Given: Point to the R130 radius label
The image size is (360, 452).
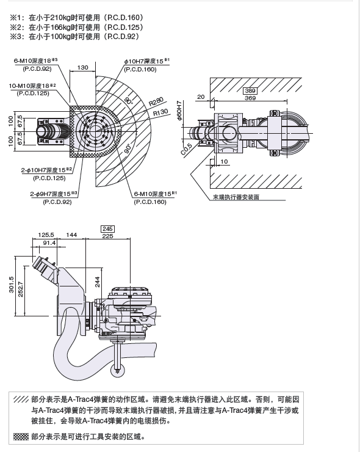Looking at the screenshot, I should pyautogui.click(x=160, y=112).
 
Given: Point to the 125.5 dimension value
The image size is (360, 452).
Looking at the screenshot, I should pyautogui.click(x=46, y=235).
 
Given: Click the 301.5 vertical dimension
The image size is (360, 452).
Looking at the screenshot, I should pyautogui.click(x=10, y=285).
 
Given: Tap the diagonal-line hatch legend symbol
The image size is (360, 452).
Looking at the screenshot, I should pyautogui.click(x=21, y=398).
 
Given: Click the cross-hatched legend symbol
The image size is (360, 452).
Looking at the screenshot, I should pyautogui.click(x=21, y=437).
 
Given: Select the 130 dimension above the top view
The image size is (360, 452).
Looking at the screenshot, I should pyautogui.click(x=83, y=67).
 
